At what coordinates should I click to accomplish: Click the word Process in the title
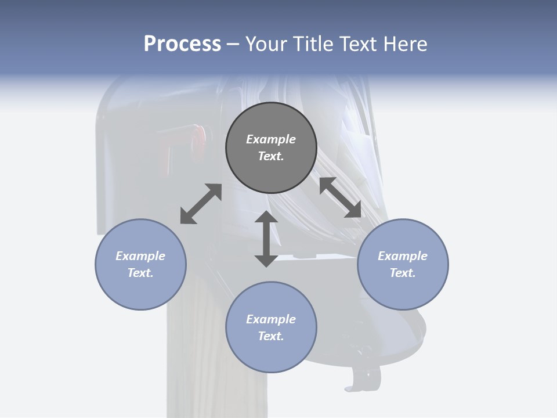pyautogui.click(x=182, y=44)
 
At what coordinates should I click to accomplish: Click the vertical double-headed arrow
pyautogui.click(x=266, y=239)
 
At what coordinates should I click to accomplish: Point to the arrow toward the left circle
pyautogui.click(x=201, y=204)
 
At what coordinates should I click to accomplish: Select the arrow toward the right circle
pyautogui.click(x=341, y=197)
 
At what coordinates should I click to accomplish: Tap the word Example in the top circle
pyautogui.click(x=271, y=139)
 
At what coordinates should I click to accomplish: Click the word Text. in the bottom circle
pyautogui.click(x=271, y=336)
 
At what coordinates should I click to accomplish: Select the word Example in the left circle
pyautogui.click(x=140, y=256)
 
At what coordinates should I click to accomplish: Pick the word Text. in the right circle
pyautogui.click(x=403, y=273)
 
